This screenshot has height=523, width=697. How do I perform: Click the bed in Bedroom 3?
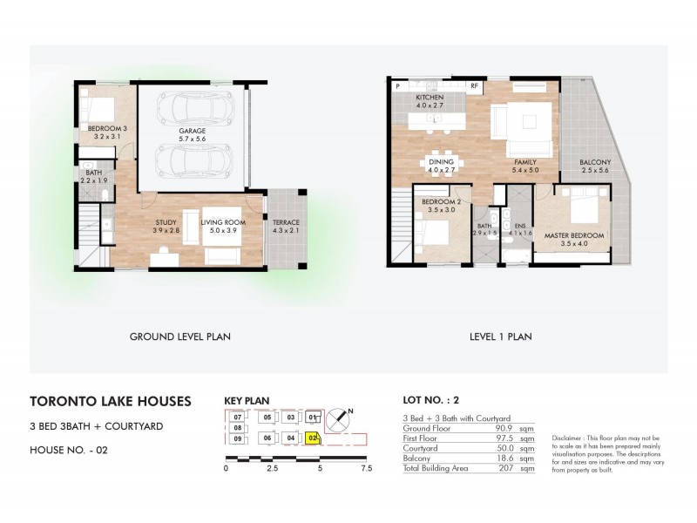tap(98, 110)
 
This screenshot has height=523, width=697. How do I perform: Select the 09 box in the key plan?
tap(236, 438)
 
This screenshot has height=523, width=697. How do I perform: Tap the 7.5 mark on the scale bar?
tap(366, 468)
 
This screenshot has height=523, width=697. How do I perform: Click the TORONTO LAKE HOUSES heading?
tap(110, 403)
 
